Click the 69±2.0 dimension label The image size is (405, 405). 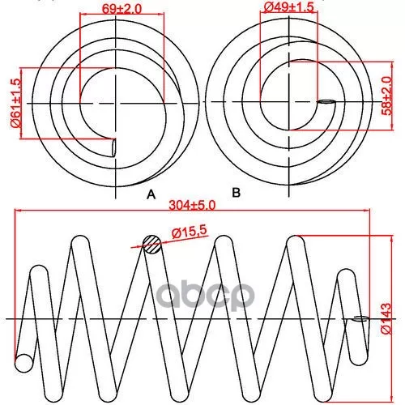[122, 9]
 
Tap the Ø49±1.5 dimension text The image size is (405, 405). [288, 7]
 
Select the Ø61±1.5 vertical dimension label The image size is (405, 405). [15, 103]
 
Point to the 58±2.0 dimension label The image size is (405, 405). [386, 96]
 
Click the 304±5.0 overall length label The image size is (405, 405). [192, 206]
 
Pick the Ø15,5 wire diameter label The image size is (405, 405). [190, 232]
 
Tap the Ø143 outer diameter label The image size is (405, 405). [386, 318]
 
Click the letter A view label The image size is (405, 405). [151, 194]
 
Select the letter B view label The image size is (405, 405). [236, 193]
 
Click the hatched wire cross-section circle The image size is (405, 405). [152, 245]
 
